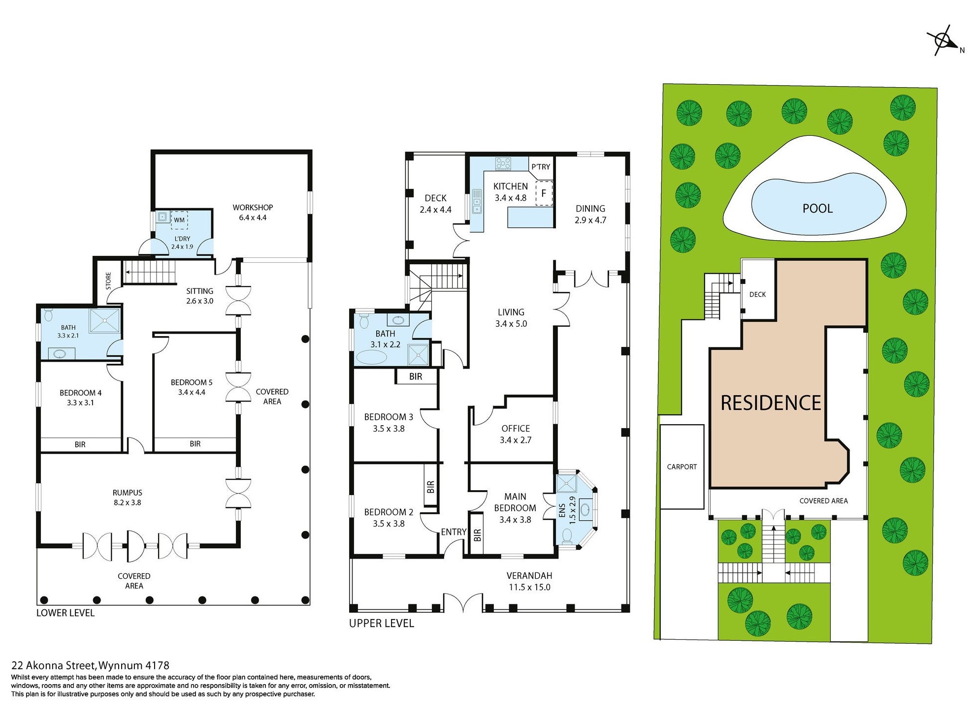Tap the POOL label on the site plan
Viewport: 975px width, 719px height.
coord(817,208)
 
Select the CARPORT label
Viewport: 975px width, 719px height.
coord(682,467)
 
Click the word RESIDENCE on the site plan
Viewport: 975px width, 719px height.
coord(771,403)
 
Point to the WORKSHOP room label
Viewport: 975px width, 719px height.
coord(253,207)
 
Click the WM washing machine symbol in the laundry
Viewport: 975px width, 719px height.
coord(179,220)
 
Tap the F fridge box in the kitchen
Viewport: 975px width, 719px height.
coord(544,193)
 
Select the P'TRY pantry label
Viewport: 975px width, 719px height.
coord(541,167)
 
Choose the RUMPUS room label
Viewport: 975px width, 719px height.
coord(127,492)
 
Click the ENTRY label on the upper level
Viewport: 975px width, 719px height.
coord(454,531)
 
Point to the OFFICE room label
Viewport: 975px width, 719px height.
coord(516,428)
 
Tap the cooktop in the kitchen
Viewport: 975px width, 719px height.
coord(503,163)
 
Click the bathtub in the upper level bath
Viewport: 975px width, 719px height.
coord(372,357)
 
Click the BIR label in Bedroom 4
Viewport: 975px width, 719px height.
coord(80,444)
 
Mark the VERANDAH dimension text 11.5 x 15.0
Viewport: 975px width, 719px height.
coord(529,587)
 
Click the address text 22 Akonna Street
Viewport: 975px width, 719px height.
coord(54,665)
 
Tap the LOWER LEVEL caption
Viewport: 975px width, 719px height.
coord(65,613)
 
